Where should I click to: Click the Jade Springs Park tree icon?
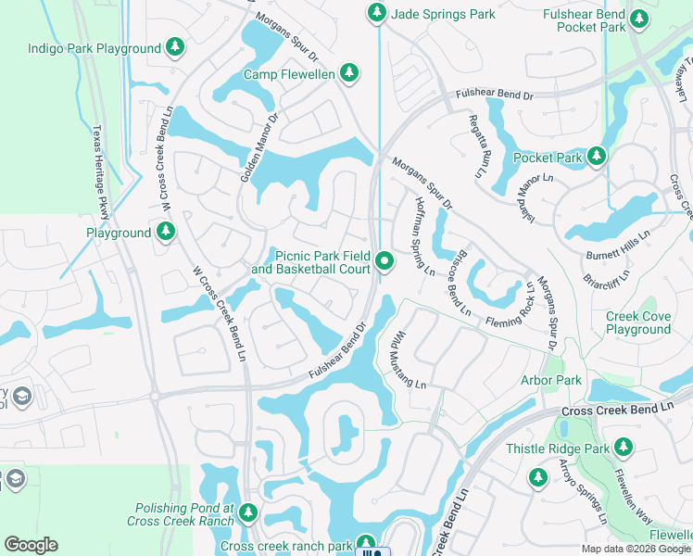click(377, 12)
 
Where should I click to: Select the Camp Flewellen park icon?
click(348, 72)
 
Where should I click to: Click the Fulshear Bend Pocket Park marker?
click(638, 18)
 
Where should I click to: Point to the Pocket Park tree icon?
click(598, 157)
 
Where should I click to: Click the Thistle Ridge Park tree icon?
click(624, 449)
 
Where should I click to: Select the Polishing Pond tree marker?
click(247, 511)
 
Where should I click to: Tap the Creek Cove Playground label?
click(638, 322)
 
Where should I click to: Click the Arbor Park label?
click(551, 380)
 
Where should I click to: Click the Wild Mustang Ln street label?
click(406, 360)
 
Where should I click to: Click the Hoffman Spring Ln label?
click(424, 237)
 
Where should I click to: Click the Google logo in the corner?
click(31, 545)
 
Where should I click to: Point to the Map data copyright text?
click(636, 549)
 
